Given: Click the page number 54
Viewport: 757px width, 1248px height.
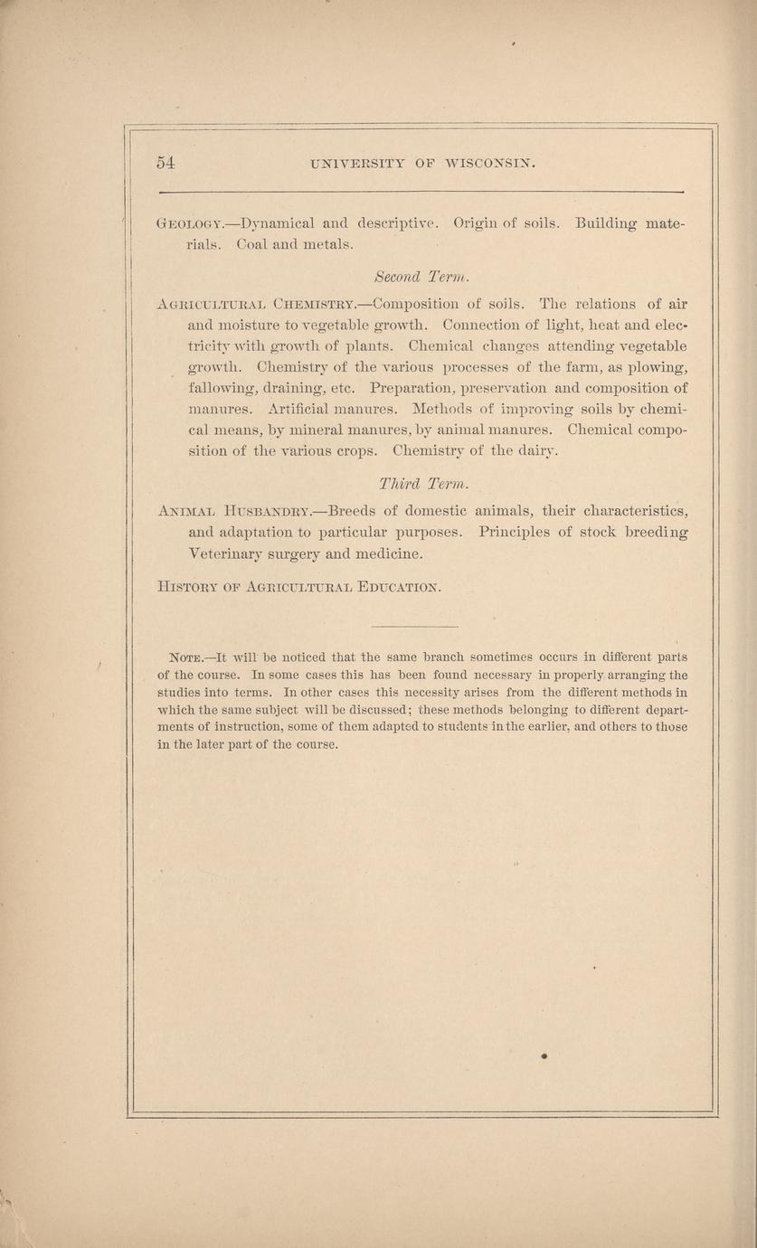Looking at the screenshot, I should coord(165,163).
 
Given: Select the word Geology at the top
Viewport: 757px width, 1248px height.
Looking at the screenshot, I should coord(185,223).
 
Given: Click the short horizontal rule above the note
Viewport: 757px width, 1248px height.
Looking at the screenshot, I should coord(402,627).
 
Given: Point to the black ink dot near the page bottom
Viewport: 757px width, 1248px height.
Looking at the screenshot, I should coord(545,1055).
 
